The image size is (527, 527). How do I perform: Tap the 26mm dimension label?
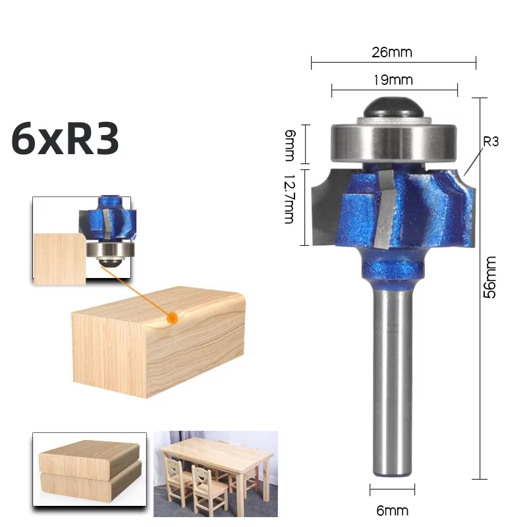393,51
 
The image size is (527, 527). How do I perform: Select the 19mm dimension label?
393,80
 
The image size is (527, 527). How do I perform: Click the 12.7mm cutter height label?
289,199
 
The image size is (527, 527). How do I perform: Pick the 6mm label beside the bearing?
289,145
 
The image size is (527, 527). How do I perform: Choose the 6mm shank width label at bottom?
393,510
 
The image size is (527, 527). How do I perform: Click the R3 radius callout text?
491,141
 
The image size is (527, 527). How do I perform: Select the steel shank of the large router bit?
393,382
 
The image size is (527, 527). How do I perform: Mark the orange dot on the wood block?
173,318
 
